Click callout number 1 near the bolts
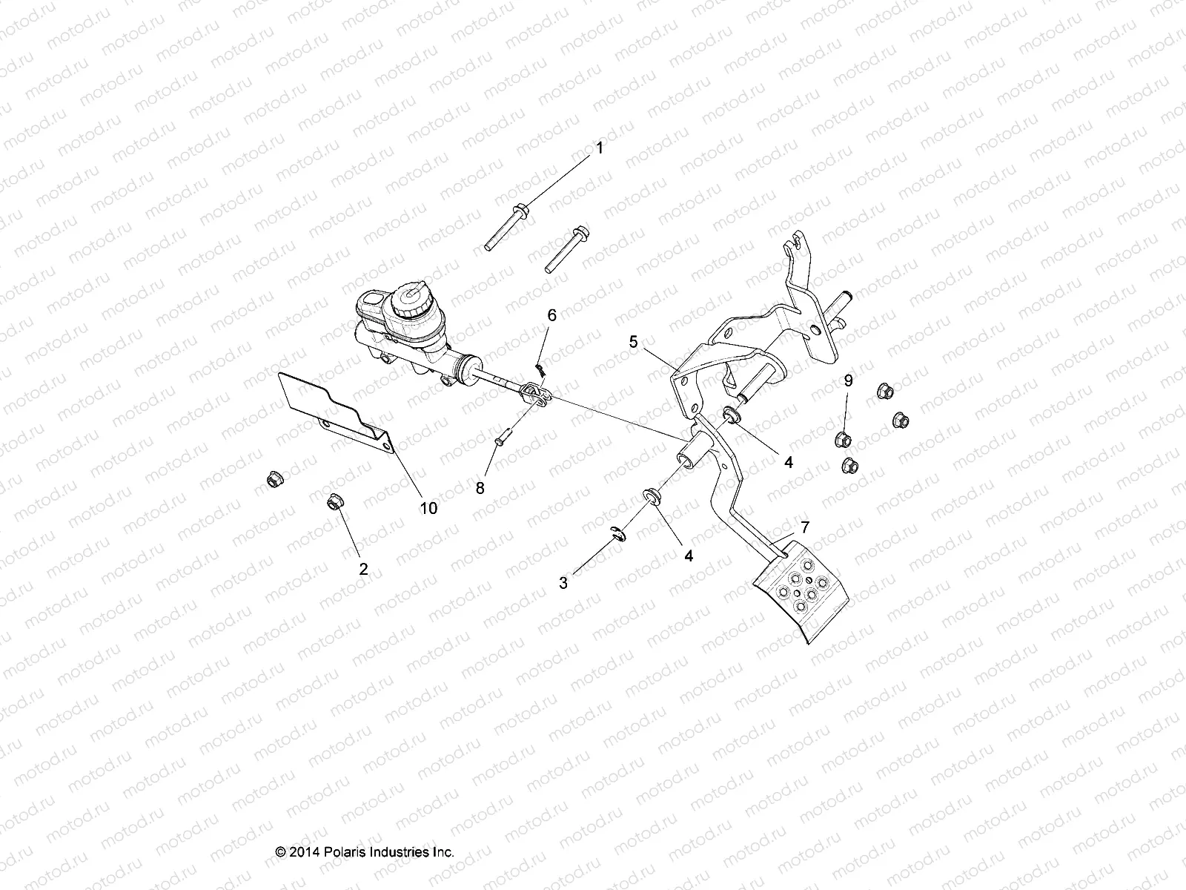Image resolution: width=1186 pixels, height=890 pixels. [x=600, y=148]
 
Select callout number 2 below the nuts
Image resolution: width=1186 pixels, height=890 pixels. [x=363, y=570]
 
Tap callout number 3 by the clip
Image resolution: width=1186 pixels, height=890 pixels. [x=563, y=584]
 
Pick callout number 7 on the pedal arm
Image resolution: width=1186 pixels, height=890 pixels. [x=805, y=528]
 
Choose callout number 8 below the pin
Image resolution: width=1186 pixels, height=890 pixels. [x=480, y=489]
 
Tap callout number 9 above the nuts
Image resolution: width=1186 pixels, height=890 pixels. [x=848, y=381]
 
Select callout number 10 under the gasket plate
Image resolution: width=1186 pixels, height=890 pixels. [x=428, y=508]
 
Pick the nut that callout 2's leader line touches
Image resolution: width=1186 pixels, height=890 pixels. [x=333, y=504]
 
